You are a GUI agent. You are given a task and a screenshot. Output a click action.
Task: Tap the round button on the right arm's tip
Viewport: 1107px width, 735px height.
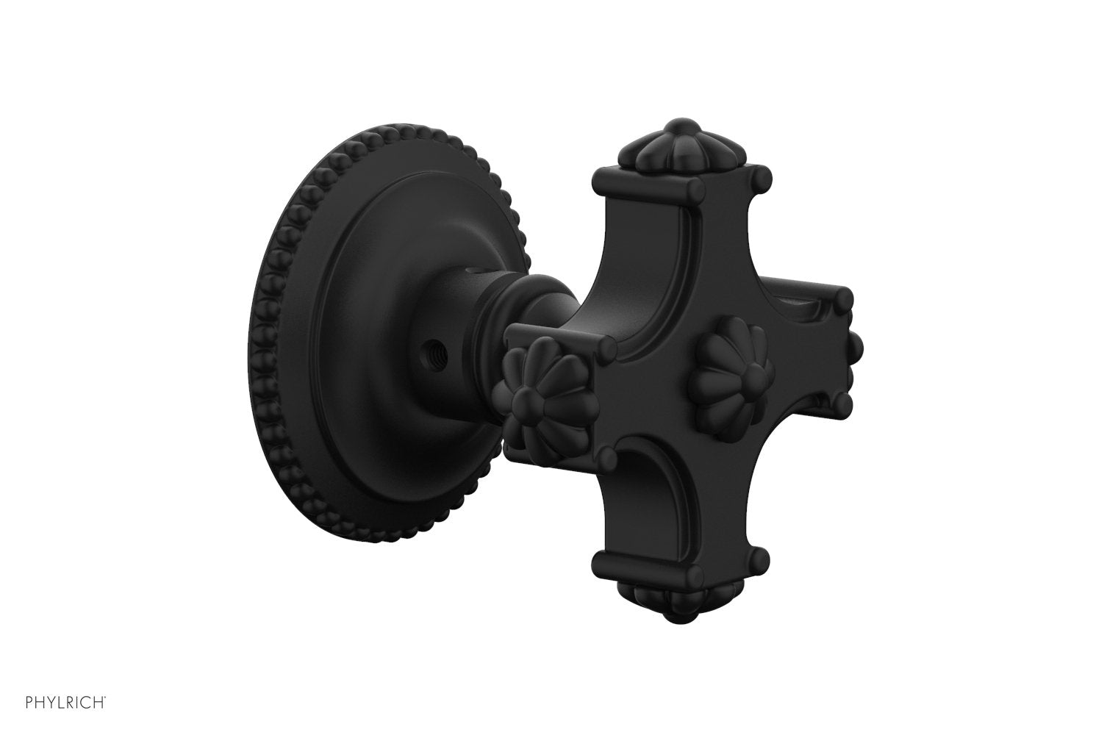click(855, 343)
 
